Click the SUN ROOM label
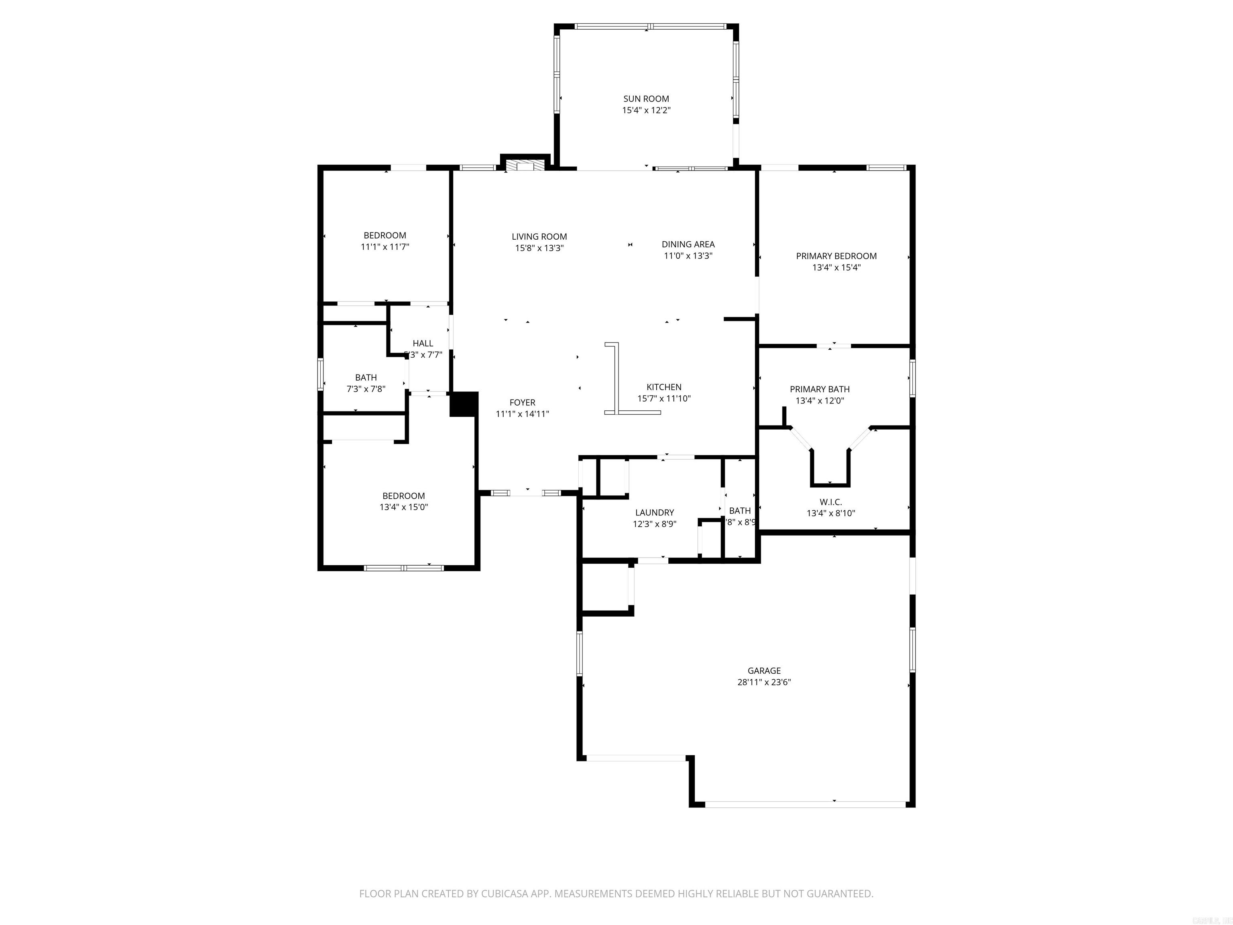[646, 99]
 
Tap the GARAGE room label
[764, 671]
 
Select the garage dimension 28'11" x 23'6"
[764, 682]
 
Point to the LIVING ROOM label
[539, 237]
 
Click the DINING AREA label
[688, 244]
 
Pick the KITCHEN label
[664, 387]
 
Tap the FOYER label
[522, 403]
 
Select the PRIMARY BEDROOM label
[836, 256]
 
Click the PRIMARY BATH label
[820, 389]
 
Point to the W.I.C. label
[830, 502]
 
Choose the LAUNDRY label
[654, 512]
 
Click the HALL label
[423, 343]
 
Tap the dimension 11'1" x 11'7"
[385, 247]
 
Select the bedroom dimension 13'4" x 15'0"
[403, 507]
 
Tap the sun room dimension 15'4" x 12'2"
[646, 110]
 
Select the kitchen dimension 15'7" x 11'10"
[664, 399]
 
